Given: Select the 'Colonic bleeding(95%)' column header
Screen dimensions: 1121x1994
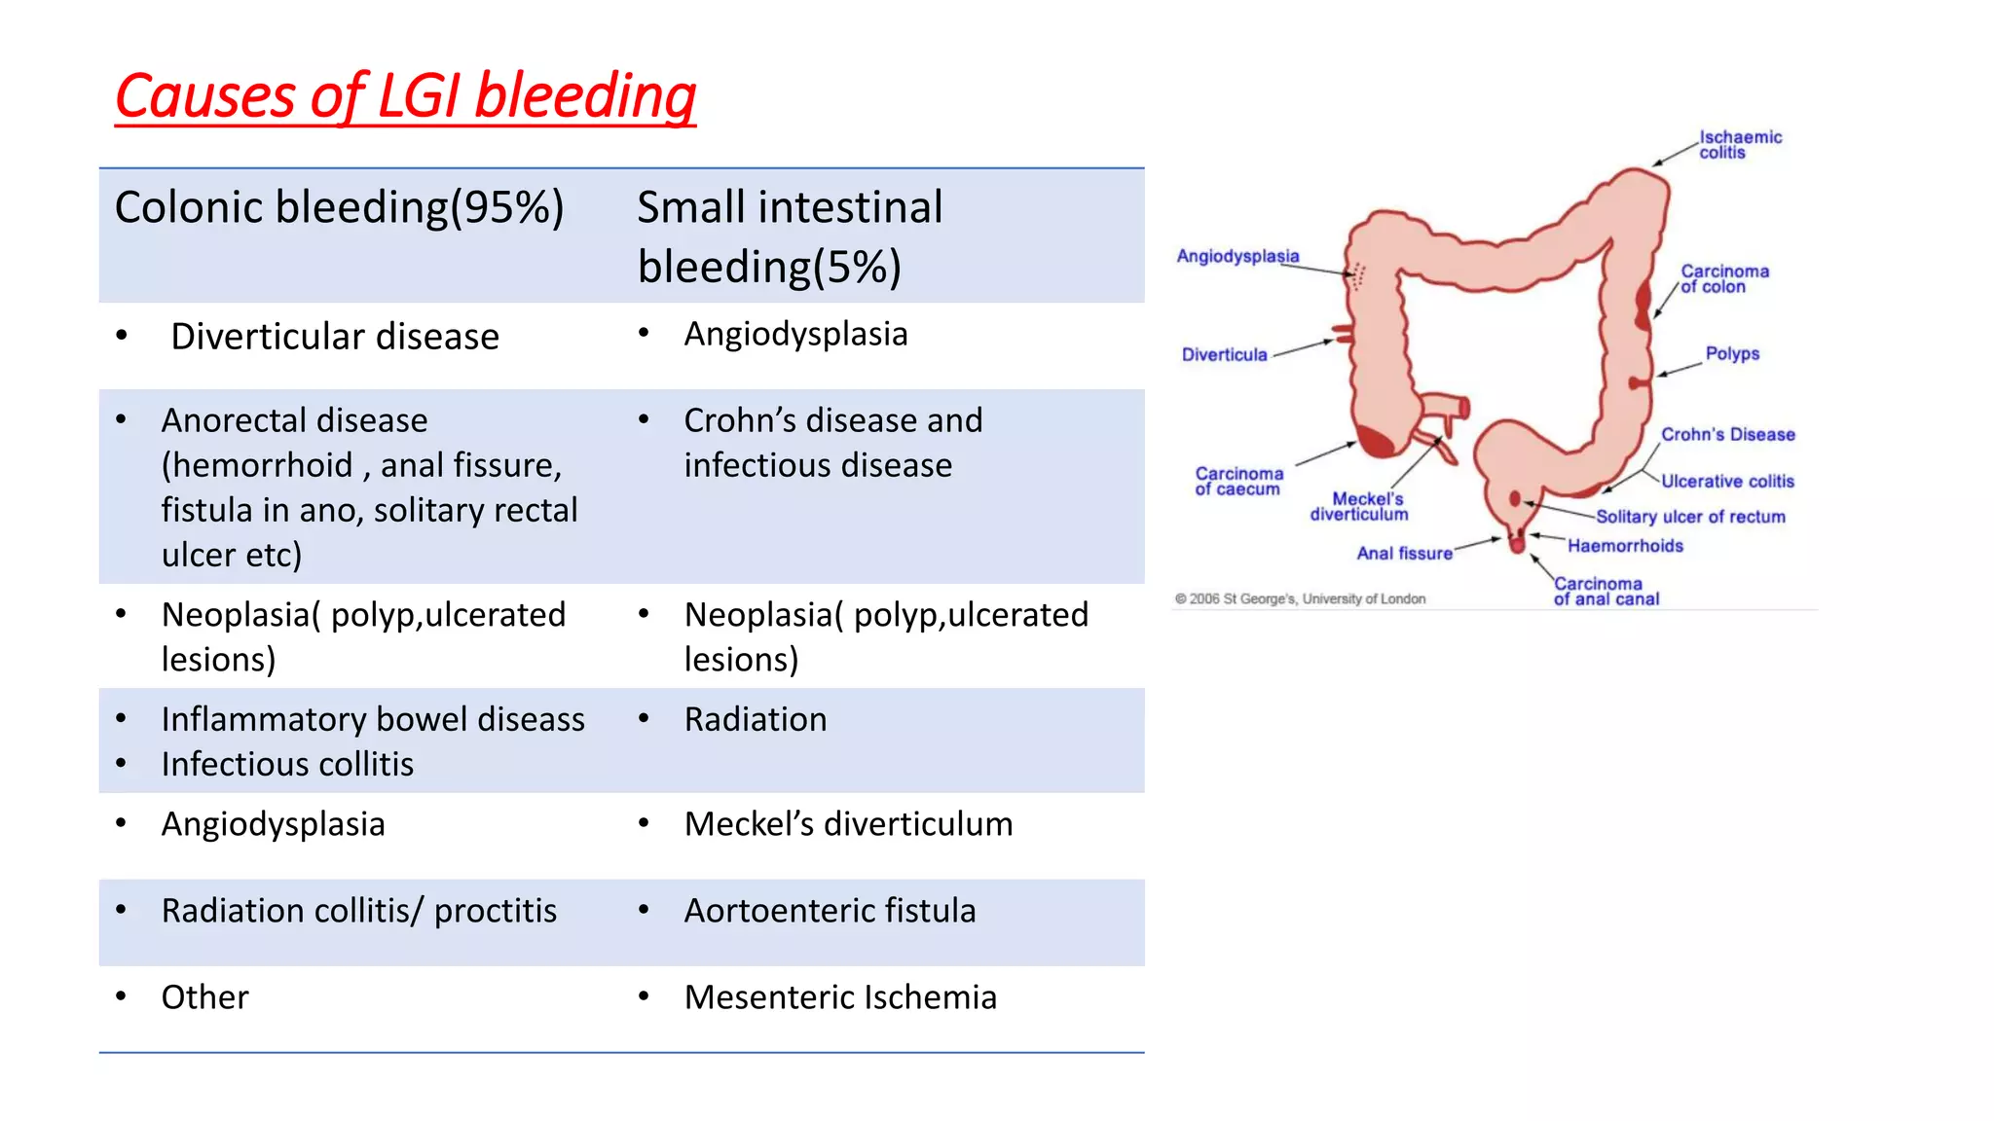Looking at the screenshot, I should tap(339, 207).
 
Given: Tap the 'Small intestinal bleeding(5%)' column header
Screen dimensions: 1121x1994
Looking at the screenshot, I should tap(790, 236).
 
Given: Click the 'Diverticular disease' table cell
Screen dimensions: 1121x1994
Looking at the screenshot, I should tap(335, 337).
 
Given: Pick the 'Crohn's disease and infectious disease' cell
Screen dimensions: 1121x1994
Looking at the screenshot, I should tap(832, 443).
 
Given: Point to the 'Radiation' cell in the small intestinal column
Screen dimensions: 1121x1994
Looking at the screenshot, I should tap(756, 720).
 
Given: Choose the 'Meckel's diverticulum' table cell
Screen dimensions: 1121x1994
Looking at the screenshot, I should tap(848, 824).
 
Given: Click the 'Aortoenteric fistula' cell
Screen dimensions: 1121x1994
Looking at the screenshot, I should tap(830, 911).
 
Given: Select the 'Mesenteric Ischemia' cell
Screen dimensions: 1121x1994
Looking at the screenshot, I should tap(840, 997).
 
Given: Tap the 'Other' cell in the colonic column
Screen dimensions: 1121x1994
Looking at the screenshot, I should tap(205, 997).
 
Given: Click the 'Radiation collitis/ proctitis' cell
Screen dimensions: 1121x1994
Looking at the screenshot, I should tap(359, 911).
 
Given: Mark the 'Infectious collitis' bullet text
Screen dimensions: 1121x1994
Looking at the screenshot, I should tap(287, 765).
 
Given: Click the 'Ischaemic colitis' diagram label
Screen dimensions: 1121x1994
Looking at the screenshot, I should tap(1740, 144).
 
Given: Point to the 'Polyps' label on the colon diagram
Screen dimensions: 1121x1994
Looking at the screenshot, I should tap(1732, 353).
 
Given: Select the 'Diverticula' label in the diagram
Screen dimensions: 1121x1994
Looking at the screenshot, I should tap(1224, 355).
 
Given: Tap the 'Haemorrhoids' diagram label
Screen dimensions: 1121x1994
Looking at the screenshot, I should tap(1625, 546).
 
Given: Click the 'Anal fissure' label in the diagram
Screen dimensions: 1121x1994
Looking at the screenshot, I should tap(1404, 554).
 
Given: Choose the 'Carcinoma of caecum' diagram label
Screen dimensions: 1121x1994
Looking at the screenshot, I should tap(1238, 481).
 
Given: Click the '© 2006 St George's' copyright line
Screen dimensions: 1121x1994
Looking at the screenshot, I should tap(1300, 599).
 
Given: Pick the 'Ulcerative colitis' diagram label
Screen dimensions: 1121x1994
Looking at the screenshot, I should tap(1727, 481).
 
